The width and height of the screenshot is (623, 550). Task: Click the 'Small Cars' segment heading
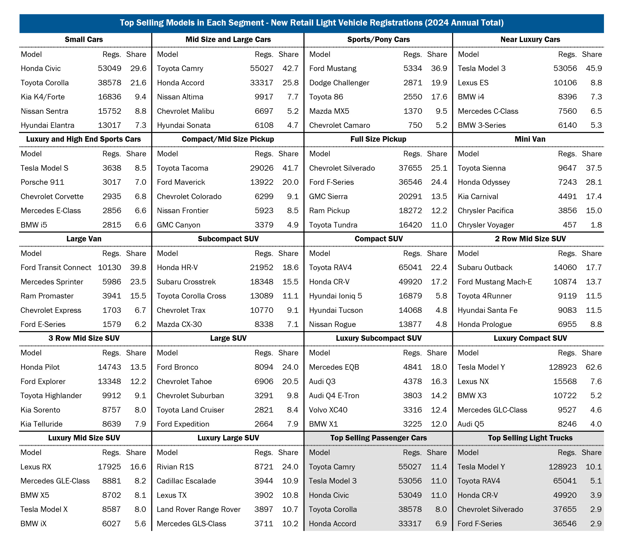click(84, 39)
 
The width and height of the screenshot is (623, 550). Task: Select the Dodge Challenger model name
click(339, 83)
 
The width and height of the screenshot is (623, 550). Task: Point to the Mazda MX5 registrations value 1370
click(413, 111)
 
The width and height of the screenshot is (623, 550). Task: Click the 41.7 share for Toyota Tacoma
click(290, 168)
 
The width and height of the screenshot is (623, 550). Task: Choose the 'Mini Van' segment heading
click(530, 139)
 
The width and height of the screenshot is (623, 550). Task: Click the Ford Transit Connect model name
click(56, 267)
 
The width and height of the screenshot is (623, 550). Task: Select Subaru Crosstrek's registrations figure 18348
click(261, 282)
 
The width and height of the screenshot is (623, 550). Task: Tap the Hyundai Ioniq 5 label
click(335, 296)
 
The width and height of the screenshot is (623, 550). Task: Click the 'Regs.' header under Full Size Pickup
click(412, 154)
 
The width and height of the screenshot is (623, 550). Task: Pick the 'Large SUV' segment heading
click(228, 338)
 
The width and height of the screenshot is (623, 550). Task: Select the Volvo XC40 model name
click(328, 410)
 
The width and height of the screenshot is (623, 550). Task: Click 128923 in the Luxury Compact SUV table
click(562, 367)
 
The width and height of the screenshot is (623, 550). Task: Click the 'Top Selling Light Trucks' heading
click(530, 438)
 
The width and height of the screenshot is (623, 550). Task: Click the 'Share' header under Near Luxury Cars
click(592, 54)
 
